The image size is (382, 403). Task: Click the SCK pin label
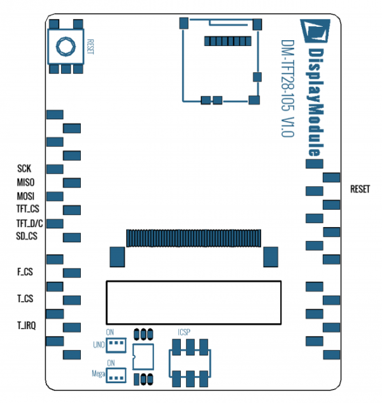coord(24,169)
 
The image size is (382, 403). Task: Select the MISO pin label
coord(26,182)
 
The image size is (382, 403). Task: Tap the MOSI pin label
coord(26,196)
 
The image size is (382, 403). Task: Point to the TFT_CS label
coord(28,209)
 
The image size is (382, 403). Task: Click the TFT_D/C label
coord(29,223)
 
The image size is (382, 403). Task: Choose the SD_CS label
coord(27,237)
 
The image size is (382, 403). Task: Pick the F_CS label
coord(25,272)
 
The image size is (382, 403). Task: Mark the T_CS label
coord(25,298)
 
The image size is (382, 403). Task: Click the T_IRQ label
coord(27,325)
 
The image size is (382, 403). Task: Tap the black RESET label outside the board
coord(360,189)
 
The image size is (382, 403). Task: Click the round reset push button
coord(65,46)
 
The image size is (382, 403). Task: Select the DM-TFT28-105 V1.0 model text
coord(286,90)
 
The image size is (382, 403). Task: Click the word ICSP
coord(185,332)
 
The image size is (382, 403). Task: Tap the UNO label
coord(99,346)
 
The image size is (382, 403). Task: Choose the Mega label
coord(99,374)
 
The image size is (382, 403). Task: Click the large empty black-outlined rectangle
coord(193,302)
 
